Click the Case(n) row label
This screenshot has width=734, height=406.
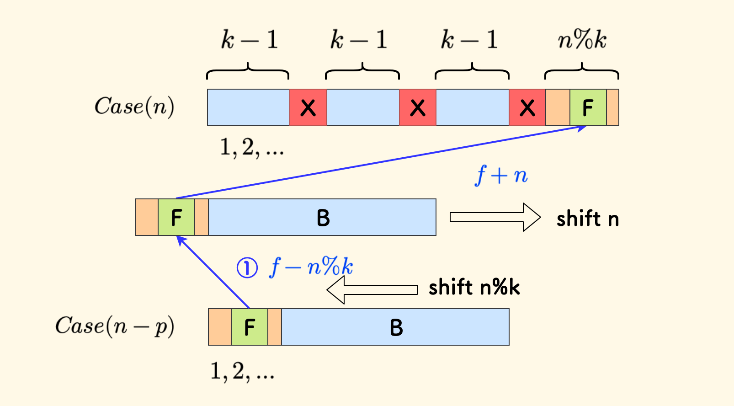pos(134,107)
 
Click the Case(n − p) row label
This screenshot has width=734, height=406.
pos(114,326)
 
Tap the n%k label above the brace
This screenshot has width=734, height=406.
pos(582,41)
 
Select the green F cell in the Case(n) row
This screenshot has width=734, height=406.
pos(588,108)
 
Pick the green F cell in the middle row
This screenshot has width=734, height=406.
pos(176,218)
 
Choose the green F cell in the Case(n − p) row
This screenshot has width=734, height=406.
pos(250,327)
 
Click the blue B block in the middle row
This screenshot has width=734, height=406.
pos(322,218)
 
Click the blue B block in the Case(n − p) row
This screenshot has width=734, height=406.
pos(395,327)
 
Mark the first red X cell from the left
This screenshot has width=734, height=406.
pos(308,108)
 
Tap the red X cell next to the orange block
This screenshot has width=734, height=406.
pos(527,108)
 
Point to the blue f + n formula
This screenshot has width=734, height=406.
pos(501,175)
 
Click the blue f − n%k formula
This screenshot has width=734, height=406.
pos(312,267)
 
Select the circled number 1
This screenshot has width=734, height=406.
pos(247,268)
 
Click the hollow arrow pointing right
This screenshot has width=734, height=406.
pos(495,217)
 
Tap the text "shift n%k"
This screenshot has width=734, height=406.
pos(474,288)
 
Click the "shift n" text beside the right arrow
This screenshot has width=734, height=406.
pos(587,219)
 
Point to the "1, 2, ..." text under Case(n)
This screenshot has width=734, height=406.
pos(252,148)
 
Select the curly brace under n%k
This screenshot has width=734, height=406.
pos(582,72)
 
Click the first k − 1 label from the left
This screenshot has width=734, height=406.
pos(250,41)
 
